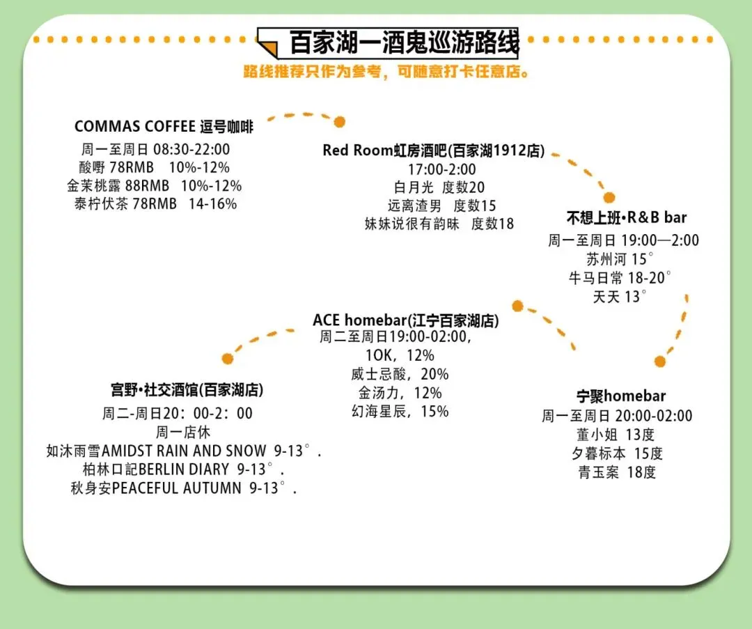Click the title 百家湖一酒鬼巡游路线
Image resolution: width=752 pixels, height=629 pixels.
click(404, 43)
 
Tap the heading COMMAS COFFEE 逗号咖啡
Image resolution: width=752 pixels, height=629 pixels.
click(164, 127)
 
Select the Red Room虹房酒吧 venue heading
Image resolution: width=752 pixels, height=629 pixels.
click(433, 150)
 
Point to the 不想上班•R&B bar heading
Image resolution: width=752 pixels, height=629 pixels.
click(626, 217)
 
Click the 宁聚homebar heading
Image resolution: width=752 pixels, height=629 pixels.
click(621, 396)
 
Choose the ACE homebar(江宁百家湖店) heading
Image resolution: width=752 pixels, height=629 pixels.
click(405, 320)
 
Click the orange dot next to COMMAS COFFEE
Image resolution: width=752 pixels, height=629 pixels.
click(339, 123)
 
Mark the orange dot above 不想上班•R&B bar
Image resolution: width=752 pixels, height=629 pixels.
click(609, 198)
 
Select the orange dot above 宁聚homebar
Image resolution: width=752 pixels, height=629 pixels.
click(659, 362)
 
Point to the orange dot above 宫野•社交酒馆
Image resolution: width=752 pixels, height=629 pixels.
click(227, 359)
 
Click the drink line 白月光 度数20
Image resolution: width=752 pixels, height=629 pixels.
click(439, 187)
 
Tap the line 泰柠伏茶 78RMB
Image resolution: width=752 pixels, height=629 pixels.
click(155, 204)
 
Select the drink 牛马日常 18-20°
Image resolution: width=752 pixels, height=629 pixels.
click(620, 278)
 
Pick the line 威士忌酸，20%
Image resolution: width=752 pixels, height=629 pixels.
click(400, 374)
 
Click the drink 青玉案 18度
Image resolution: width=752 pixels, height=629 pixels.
click(617, 472)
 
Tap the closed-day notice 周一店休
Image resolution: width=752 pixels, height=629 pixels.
click(183, 432)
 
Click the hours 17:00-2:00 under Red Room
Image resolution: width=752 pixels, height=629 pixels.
click(442, 169)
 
